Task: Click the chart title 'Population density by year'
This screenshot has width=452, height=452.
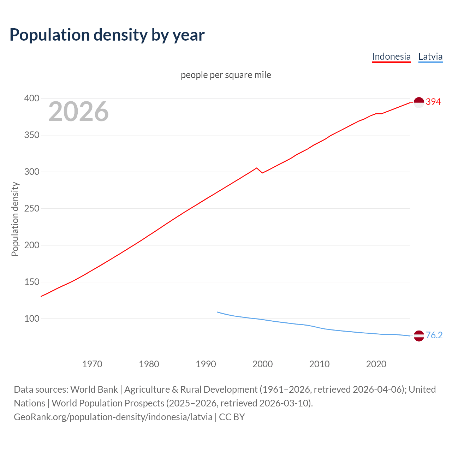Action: click(x=107, y=35)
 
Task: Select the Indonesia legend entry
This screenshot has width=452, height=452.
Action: click(x=391, y=56)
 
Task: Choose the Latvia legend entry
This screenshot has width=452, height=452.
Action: click(x=430, y=56)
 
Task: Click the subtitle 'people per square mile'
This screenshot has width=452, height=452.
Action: click(x=226, y=75)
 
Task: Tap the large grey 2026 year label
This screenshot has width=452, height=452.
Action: click(x=78, y=112)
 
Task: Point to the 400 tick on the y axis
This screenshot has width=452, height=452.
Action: click(x=31, y=99)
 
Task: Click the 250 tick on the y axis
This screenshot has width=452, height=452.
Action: click(x=31, y=209)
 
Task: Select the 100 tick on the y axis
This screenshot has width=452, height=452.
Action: click(x=31, y=319)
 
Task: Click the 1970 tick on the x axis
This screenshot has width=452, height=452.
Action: click(x=92, y=364)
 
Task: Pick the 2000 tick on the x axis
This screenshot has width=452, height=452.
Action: click(x=262, y=364)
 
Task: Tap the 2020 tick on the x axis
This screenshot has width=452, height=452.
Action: click(x=376, y=364)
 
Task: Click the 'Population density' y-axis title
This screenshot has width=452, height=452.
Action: click(x=15, y=219)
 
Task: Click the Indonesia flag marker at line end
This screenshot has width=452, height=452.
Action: click(x=419, y=102)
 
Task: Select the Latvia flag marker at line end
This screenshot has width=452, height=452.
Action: click(x=419, y=336)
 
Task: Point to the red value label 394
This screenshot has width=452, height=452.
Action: click(x=433, y=102)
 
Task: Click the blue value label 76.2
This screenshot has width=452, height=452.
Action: click(x=434, y=335)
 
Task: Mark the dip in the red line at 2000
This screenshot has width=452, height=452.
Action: click(x=262, y=173)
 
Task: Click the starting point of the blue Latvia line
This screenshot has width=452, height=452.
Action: click(x=217, y=312)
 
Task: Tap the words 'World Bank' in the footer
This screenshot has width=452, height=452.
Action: click(x=94, y=389)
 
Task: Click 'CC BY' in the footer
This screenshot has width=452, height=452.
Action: click(x=232, y=417)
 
